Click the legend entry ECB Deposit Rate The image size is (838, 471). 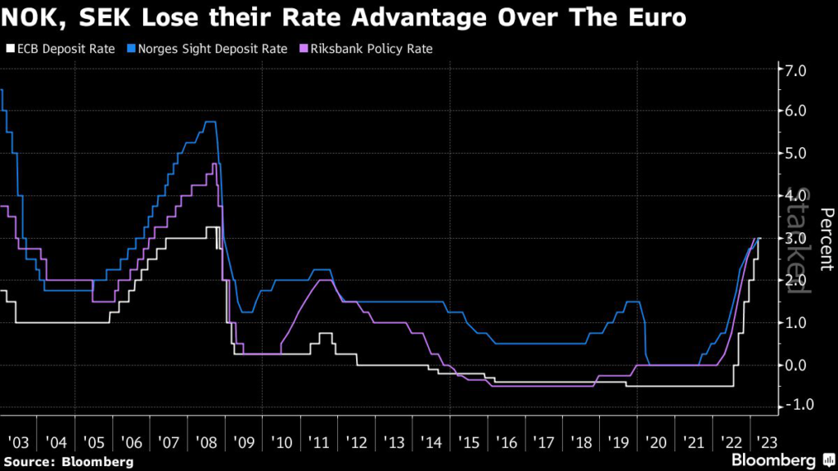[65, 49]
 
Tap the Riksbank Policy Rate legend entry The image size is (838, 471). [370, 49]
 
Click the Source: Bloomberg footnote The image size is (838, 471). [69, 462]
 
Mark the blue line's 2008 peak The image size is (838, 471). [209, 122]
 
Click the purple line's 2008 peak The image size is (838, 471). [214, 164]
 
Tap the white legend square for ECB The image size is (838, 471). [9, 49]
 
